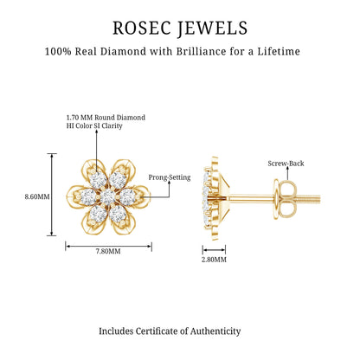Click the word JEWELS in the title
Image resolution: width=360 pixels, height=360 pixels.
tap(212, 29)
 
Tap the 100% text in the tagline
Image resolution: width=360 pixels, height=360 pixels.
tap(58, 52)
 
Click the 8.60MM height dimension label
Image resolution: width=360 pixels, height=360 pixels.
tap(37, 196)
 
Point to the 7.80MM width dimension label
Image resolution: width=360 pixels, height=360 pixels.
tap(108, 251)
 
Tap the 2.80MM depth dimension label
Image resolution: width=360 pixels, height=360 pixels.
tap(214, 260)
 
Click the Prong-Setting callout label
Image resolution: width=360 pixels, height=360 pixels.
tap(170, 177)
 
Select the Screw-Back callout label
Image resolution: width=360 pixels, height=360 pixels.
tap(286, 164)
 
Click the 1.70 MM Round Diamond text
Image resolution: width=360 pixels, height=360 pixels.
tap(106, 118)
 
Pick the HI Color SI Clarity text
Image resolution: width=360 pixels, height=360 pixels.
tap(94, 125)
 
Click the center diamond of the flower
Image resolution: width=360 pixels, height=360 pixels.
tap(108, 197)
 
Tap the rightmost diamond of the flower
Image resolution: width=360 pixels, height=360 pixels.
tap(128, 196)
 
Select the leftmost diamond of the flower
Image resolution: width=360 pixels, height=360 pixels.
tap(88, 197)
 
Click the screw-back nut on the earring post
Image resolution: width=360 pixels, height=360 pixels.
tap(284, 199)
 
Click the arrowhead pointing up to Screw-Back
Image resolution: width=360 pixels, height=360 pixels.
tap(287, 169)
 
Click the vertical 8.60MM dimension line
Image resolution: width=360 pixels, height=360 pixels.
tap(52, 195)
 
